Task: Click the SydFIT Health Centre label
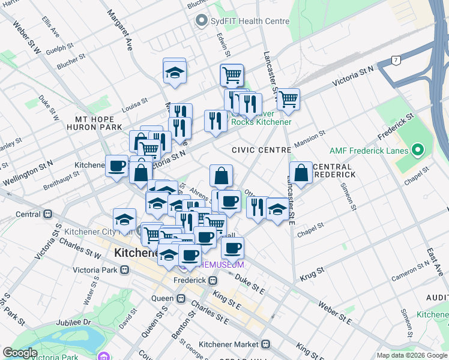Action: (250, 21)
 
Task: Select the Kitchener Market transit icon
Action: (265, 344)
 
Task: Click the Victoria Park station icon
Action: (125, 269)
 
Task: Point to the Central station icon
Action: (48, 214)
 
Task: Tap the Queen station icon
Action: (181, 298)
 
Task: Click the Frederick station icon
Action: (212, 280)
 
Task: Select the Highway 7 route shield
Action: (395, 60)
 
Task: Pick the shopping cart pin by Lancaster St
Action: (288, 99)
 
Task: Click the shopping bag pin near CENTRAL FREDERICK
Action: (301, 173)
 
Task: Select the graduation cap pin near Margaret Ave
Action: (175, 73)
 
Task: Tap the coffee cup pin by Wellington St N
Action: (116, 166)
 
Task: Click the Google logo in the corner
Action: (20, 353)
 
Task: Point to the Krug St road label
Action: (312, 271)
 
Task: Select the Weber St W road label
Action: (26, 39)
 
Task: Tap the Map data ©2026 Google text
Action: (412, 355)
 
